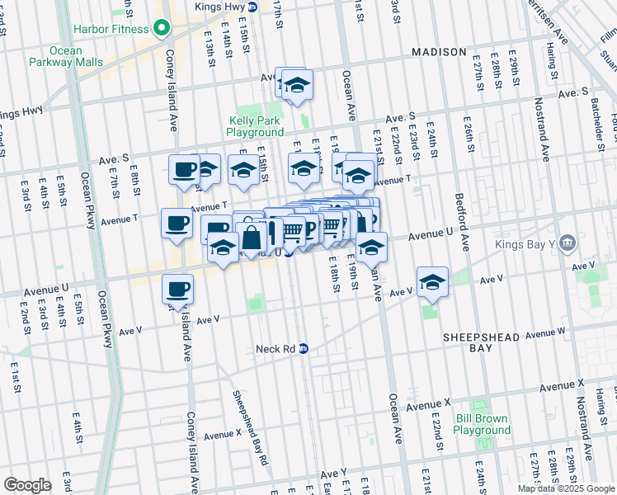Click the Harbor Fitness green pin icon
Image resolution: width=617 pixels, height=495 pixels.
coord(163,28)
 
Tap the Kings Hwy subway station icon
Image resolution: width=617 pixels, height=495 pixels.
coord(252,7)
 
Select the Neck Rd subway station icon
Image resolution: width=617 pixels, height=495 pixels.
coord(304,348)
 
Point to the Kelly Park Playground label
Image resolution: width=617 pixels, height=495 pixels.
coord(256,126)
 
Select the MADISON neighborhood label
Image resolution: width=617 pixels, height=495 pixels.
coord(440,52)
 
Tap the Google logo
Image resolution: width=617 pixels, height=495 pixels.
coord(27,485)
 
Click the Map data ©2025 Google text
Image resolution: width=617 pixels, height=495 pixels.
coord(566,488)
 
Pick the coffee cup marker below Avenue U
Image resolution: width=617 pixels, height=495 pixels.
coord(178,289)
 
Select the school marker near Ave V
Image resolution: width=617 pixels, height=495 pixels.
coord(432,282)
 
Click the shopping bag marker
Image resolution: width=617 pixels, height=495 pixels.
coord(251,238)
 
